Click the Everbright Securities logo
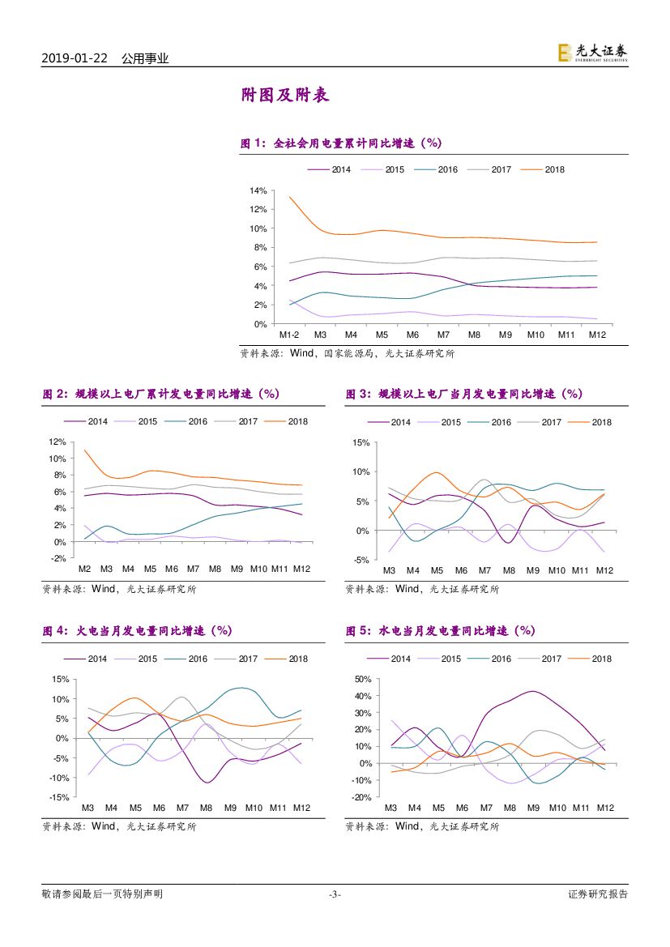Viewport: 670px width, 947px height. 592,53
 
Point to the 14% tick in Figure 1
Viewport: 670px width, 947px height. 258,190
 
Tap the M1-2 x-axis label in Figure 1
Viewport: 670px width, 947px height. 289,335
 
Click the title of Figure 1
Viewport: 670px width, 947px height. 340,143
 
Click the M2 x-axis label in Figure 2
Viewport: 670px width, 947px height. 83,569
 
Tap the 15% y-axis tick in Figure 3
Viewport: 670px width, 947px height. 361,442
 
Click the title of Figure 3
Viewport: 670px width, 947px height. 463,394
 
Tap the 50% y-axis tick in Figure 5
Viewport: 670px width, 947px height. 361,679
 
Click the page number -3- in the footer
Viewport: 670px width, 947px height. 335,894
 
